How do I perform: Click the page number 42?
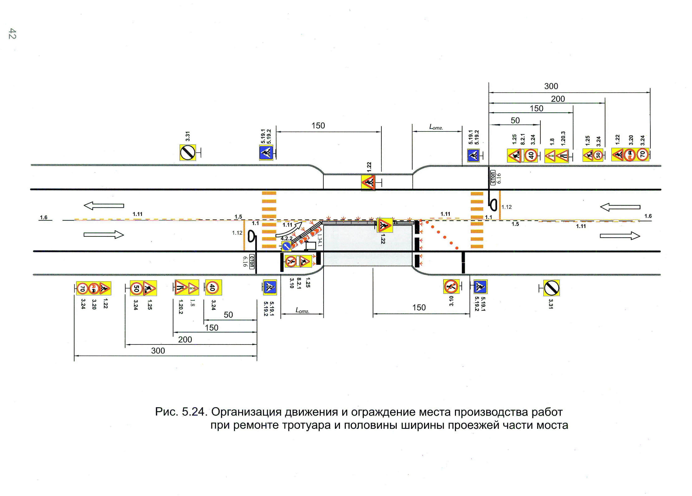coord(12,34)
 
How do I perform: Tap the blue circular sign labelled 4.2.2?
coord(286,246)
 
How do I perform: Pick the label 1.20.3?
coord(563,138)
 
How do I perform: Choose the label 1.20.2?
coord(180,307)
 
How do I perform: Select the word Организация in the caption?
coord(246,412)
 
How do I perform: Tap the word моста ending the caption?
coord(552,425)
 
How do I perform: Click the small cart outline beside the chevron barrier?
coord(311,245)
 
